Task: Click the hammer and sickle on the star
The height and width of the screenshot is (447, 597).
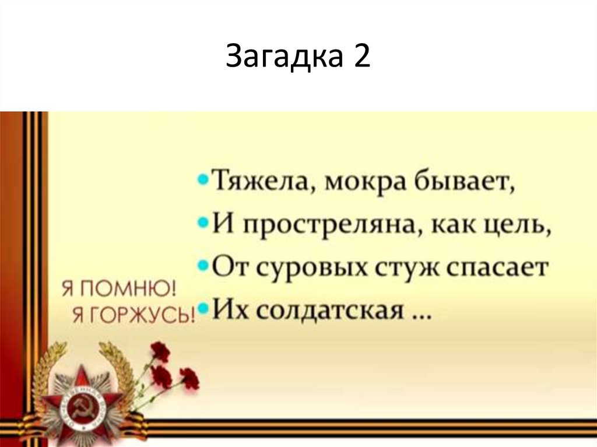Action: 78,404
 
